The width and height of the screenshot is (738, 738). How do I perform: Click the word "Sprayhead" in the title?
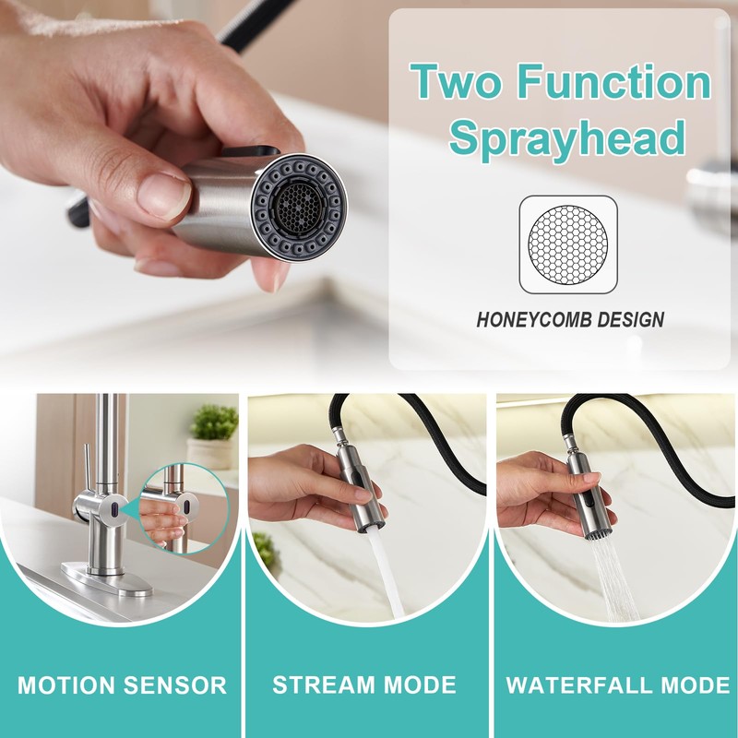tap(568, 138)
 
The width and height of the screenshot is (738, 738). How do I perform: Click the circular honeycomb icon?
tap(566, 244)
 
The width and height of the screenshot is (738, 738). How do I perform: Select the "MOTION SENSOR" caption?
tap(122, 685)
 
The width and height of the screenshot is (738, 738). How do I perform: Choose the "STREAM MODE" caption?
tap(364, 685)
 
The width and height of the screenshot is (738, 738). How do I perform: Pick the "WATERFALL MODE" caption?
tap(618, 685)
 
